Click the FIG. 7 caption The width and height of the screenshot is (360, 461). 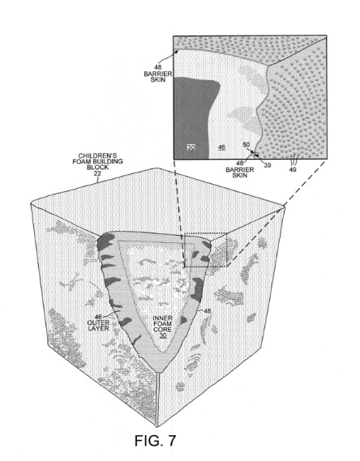tap(156, 440)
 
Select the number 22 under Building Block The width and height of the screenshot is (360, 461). tap(97, 173)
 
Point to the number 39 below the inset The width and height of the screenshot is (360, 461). tap(267, 165)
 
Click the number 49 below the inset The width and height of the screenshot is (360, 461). tap(293, 169)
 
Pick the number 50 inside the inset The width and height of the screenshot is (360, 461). tap(246, 145)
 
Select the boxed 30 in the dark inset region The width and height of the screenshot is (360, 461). tap(191, 147)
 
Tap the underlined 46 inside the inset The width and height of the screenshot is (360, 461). tap(222, 147)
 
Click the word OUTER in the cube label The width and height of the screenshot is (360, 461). tap(98, 322)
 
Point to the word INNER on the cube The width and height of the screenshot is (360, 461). tap(162, 318)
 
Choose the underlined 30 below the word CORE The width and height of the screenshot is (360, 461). tap(163, 335)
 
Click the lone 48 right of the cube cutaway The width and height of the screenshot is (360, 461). tap(208, 311)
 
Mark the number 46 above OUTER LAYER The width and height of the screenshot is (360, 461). tap(98, 318)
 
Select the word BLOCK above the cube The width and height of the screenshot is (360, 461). tap(97, 167)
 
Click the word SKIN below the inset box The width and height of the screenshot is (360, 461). tap(240, 175)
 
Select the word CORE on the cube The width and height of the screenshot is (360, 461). tap(162, 330)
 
